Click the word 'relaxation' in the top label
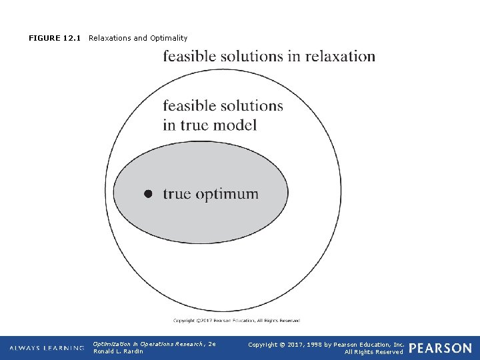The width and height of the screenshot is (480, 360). tap(340, 56)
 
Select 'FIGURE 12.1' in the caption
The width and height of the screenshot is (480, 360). tap(55, 38)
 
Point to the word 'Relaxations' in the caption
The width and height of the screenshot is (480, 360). tap(110, 38)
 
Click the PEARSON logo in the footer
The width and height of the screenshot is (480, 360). tap(440, 348)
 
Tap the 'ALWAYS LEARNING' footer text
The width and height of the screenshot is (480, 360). tap(47, 348)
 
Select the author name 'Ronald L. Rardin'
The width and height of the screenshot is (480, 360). tap(118, 351)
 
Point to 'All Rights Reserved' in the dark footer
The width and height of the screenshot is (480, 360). tap(373, 351)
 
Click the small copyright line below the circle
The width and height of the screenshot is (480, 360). tap(237, 321)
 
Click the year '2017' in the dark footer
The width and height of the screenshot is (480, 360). tap(297, 344)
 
